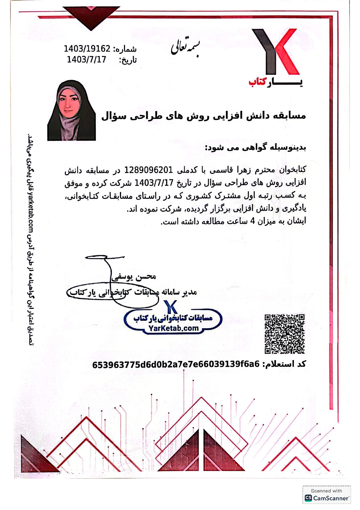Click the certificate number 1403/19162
pos(87,49)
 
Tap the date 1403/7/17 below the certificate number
pos(87,60)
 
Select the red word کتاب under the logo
pos(258,82)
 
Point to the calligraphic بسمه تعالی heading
pos(185,47)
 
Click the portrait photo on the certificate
pos(71,111)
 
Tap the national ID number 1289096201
pos(149,170)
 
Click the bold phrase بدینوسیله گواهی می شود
pos(255,148)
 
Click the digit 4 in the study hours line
pos(252,221)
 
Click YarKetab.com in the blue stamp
pos(173,328)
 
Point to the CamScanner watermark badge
pos(327,495)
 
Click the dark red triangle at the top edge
pos(91,16)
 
